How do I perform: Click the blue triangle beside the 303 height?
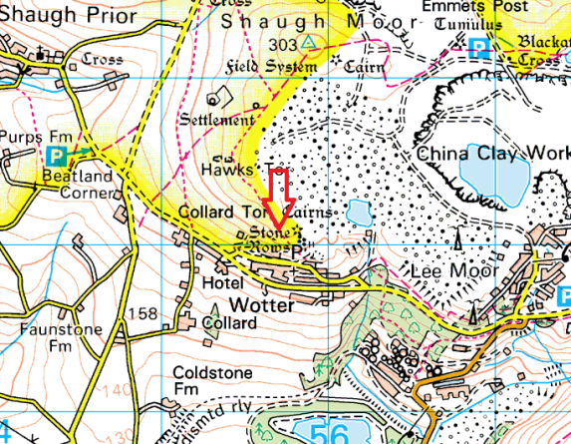(308, 43)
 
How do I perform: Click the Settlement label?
(216, 120)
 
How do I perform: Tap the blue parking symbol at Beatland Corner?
(55, 156)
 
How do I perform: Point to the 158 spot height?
(143, 314)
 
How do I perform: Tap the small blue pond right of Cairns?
(358, 212)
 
